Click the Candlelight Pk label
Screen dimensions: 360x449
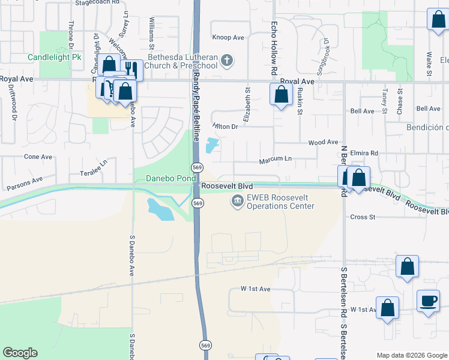coord(54,58)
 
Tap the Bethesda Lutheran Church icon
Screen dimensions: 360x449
coord(226,60)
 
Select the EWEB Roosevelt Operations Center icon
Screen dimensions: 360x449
coord(237,200)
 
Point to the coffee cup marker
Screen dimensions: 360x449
coord(428,301)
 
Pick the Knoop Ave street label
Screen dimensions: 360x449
coord(228,37)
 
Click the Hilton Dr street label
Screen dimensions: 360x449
coord(225,127)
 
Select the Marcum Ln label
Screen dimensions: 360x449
coord(275,161)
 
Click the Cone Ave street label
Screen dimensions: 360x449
coord(38,157)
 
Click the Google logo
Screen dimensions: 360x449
coord(20,353)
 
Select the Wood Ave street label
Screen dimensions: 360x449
coord(323,142)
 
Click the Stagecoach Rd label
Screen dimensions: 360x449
coord(94,2)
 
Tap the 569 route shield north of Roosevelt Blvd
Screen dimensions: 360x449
coord(196,166)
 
